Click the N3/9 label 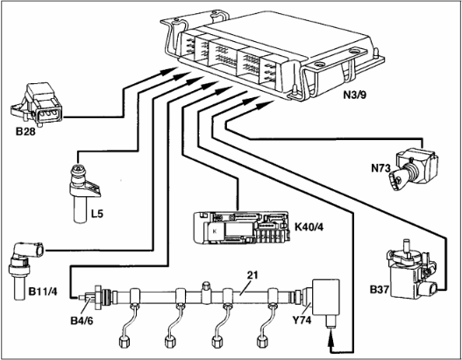[x=354, y=95]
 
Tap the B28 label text [x=25, y=131]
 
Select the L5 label [x=97, y=214]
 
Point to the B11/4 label [x=43, y=292]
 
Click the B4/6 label [x=82, y=321]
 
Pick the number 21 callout [x=252, y=275]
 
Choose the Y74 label [x=302, y=320]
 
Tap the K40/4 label [x=309, y=227]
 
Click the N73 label [x=380, y=169]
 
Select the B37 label [x=380, y=290]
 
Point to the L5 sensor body [x=84, y=192]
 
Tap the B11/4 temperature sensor [x=25, y=269]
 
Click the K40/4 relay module [x=242, y=228]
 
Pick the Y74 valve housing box [x=326, y=297]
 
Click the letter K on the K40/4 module [x=215, y=231]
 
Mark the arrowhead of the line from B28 [x=169, y=71]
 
